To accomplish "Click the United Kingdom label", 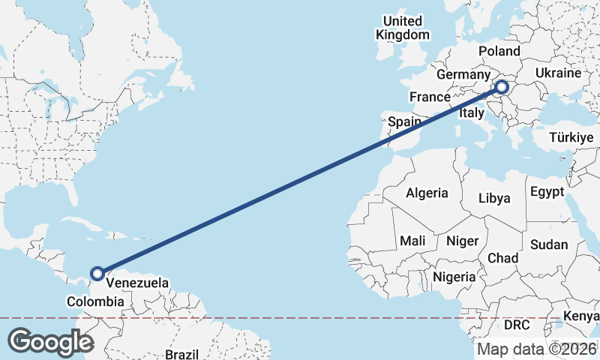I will [403, 28].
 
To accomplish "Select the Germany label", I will [463, 75].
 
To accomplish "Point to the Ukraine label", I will [559, 73].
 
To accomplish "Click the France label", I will [430, 97].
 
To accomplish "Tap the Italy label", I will [472, 112].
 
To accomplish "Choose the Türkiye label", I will [571, 138].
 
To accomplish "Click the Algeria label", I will [427, 193].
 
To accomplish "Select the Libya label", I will [494, 199].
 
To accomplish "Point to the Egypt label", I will [547, 192].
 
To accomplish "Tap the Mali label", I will [412, 241].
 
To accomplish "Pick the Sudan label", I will [549, 244].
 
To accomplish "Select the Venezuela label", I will [137, 283].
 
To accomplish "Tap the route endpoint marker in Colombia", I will [97, 274].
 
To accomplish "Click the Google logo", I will [49, 341].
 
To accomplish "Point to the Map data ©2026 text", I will [536, 349].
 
